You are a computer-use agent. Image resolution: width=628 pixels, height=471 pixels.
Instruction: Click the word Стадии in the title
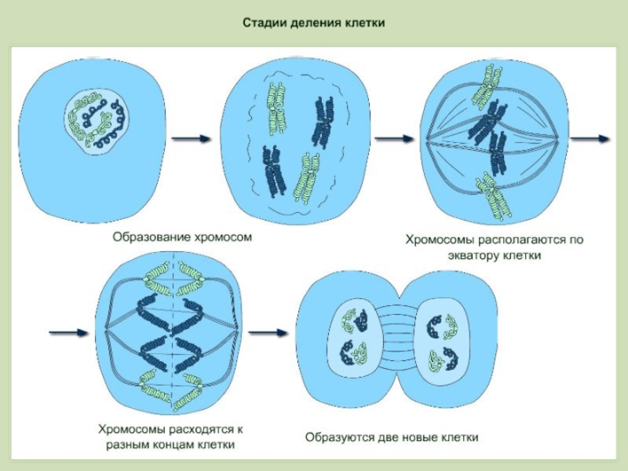tap(261, 24)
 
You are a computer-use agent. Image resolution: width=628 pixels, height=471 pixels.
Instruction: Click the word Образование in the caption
tap(149, 235)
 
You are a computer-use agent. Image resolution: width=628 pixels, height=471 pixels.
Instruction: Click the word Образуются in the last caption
tap(335, 436)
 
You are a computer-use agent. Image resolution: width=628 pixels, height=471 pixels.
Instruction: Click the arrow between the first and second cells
tap(191, 139)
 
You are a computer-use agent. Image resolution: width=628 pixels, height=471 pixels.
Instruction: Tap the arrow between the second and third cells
tap(395, 139)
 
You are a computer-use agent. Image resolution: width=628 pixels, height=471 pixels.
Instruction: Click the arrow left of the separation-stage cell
tap(68, 332)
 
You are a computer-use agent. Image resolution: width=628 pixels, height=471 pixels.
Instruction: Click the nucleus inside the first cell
tap(96, 119)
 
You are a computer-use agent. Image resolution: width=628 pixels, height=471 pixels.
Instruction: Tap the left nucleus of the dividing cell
tap(352, 338)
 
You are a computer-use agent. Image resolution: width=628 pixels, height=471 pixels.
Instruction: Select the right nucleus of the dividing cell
tap(442, 338)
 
